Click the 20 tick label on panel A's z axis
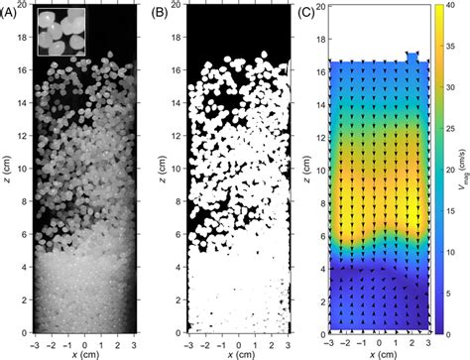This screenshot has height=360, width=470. [x=22, y=6]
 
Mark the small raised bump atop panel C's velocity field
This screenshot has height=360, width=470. [x=412, y=58]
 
